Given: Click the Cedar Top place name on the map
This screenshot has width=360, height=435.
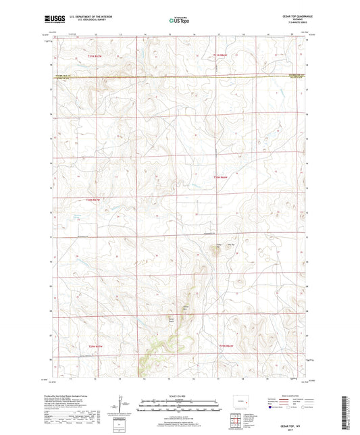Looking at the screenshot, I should click(217, 246).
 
